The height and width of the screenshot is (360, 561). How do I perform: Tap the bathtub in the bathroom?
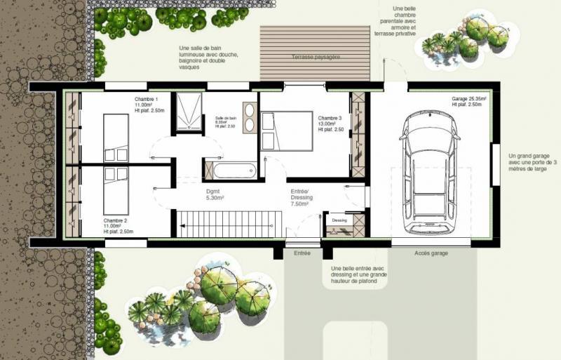234,169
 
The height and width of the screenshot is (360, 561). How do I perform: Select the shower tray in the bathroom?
188,112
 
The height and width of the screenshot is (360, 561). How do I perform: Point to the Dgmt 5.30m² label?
215,194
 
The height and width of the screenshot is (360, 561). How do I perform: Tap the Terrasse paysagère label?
315,56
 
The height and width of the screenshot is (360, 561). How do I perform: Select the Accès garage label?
431,253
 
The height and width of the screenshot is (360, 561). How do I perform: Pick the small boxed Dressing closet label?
339,220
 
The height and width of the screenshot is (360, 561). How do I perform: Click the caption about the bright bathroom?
208,58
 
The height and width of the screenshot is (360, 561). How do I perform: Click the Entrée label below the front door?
302,253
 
